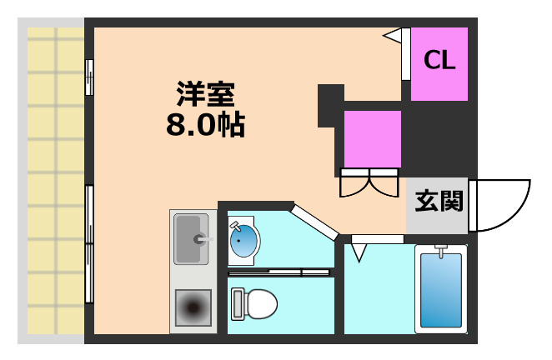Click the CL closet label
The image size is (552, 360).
(439, 60)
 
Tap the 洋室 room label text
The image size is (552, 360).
(206, 94)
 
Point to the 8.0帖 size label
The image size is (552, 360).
(206, 125)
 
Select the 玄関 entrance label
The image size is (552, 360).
(439, 202)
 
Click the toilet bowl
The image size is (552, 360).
(260, 303)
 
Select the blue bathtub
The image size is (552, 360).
(441, 290)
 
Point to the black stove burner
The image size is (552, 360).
(193, 307)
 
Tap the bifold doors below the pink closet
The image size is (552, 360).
(369, 182)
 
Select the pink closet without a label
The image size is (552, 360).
(373, 139)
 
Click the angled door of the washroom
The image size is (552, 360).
(314, 222)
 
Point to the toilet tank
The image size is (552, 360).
(238, 304)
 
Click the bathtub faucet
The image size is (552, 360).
(441, 252)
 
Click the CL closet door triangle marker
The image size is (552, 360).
(393, 36)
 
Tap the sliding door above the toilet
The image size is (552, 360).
(279, 272)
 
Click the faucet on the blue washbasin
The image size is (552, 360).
(235, 226)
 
